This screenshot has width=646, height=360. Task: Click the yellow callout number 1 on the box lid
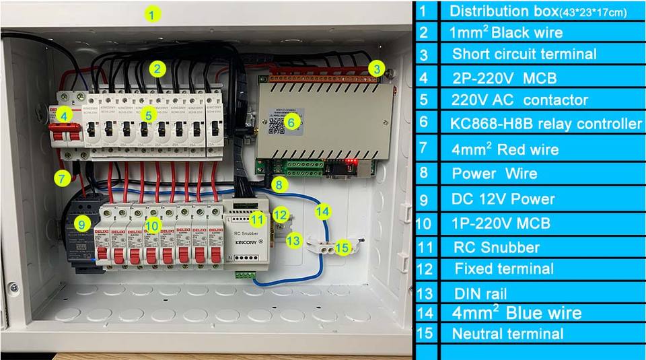coord(154,13)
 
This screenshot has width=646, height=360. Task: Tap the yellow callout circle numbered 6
coord(291,122)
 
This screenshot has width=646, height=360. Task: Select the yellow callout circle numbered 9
coord(81,223)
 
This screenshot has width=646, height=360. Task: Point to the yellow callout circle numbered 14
coord(323,211)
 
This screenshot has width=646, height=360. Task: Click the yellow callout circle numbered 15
coord(342,248)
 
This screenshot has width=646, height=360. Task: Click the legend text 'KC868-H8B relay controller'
coord(546,124)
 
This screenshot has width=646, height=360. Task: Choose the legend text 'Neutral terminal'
coord(507,334)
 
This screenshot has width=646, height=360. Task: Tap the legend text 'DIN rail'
coord(479,293)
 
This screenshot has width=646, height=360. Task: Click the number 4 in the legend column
coord(423,77)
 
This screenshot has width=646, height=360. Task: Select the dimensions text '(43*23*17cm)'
coord(596,13)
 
